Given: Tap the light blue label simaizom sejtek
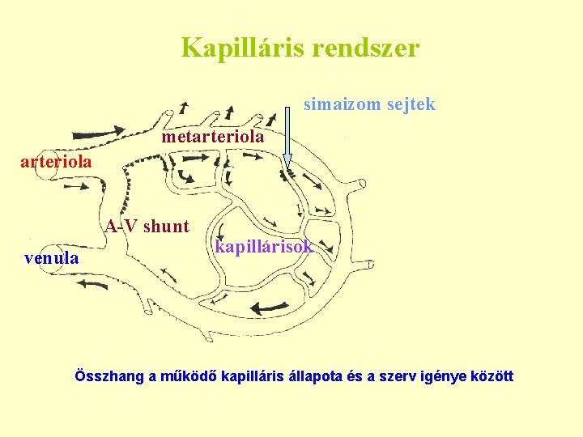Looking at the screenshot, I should (x=369, y=104).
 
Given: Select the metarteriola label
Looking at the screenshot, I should (x=212, y=137).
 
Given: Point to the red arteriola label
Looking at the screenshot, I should (x=56, y=162).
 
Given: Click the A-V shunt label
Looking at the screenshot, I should (x=147, y=227).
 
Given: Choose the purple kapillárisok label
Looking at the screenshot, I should (x=263, y=247).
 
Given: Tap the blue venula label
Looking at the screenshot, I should (x=52, y=258).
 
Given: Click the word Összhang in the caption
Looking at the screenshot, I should (x=110, y=376).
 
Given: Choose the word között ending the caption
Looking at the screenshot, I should (x=492, y=376).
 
